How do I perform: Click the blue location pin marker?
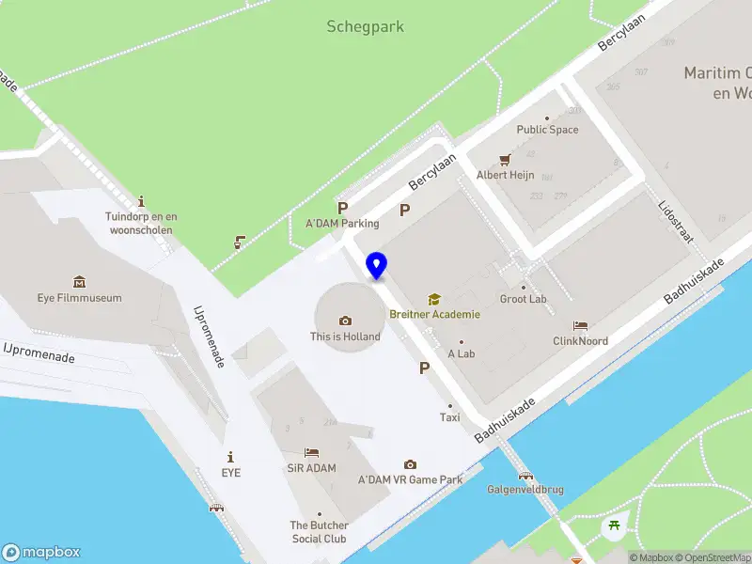click(x=376, y=265)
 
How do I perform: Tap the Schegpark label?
click(x=365, y=26)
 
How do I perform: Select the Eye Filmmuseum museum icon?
click(x=80, y=282)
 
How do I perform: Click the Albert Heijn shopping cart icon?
click(x=505, y=159)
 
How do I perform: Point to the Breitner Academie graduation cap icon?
click(x=434, y=299)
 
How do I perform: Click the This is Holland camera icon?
click(x=345, y=321)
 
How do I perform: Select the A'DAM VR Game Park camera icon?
click(x=410, y=464)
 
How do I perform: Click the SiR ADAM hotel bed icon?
click(x=311, y=452)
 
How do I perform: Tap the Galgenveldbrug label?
click(x=525, y=490)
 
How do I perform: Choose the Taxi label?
click(x=450, y=417)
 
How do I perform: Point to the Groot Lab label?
click(x=524, y=299)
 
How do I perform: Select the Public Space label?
click(x=547, y=130)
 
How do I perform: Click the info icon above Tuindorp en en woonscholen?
click(x=141, y=201)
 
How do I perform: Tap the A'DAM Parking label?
click(x=342, y=224)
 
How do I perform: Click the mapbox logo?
click(x=41, y=553)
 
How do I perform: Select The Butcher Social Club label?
click(x=319, y=532)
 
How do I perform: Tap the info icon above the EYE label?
click(x=230, y=457)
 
